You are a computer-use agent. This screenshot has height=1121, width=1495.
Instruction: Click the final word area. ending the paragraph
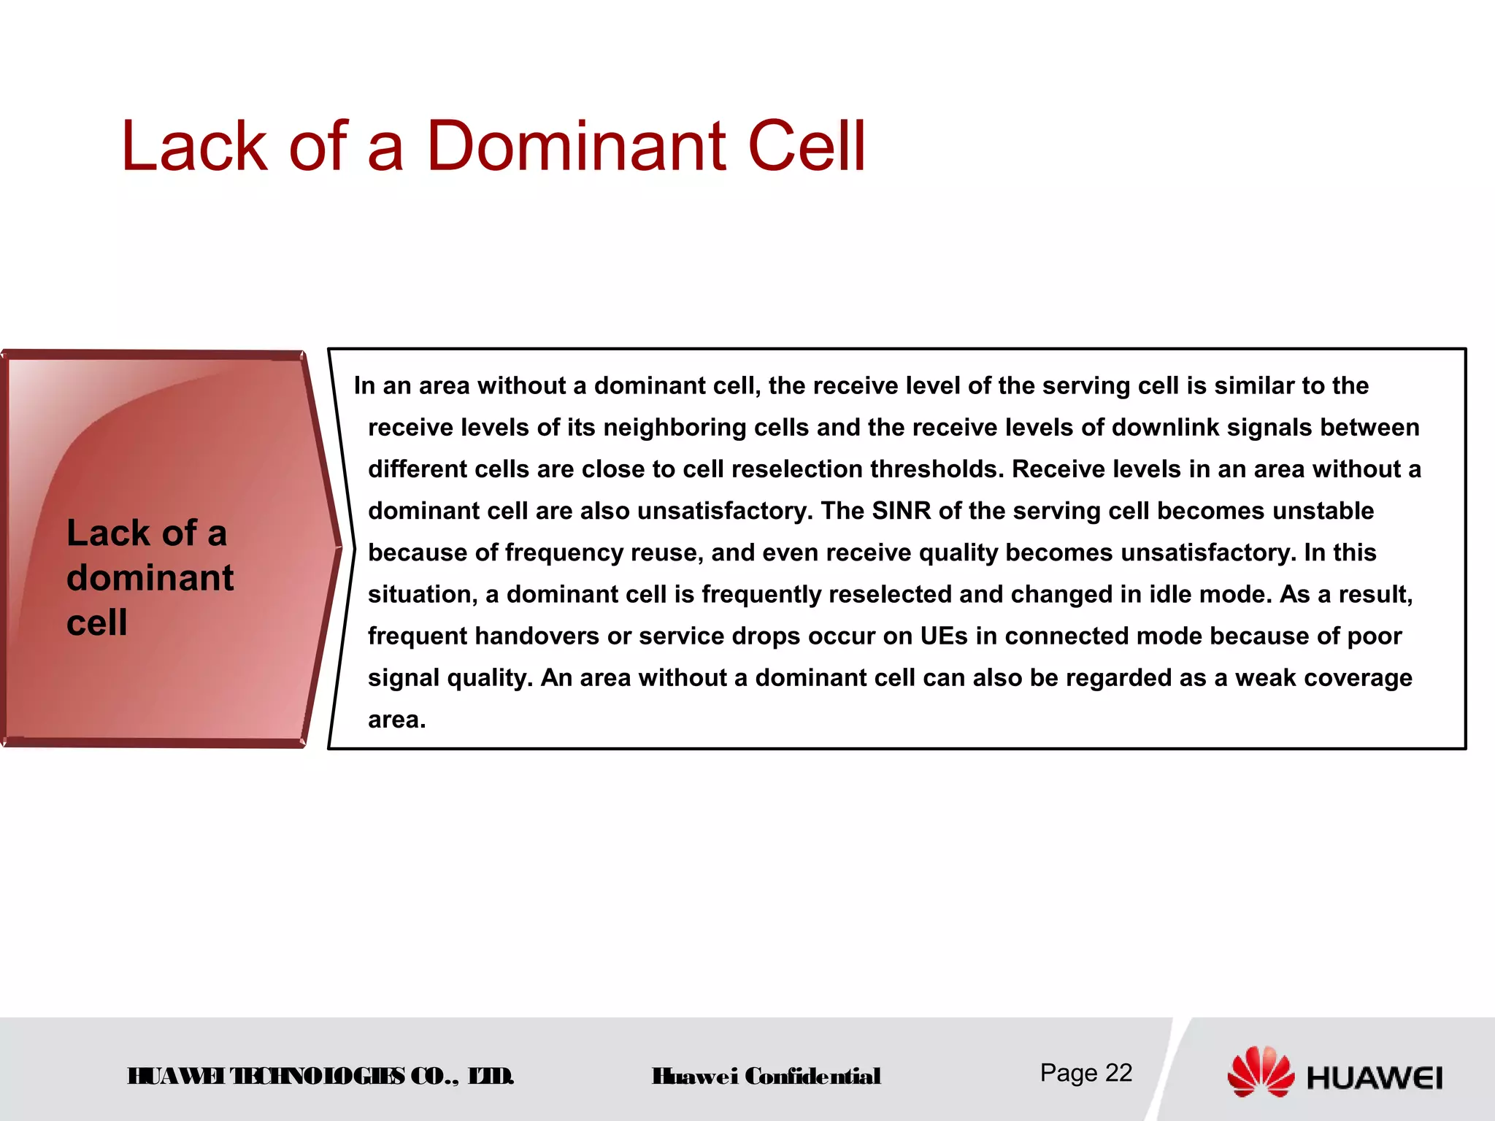pyautogui.click(x=396, y=720)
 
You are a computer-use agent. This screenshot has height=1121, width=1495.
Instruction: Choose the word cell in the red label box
pyautogui.click(x=96, y=623)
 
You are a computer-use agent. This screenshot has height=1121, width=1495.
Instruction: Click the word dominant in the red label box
pyautogui.click(x=150, y=578)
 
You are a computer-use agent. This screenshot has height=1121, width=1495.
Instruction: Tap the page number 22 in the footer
pyautogui.click(x=1118, y=1073)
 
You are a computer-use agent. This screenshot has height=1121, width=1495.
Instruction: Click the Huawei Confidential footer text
pyautogui.click(x=766, y=1076)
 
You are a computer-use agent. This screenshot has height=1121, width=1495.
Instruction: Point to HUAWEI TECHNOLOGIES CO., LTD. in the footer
pyautogui.click(x=320, y=1076)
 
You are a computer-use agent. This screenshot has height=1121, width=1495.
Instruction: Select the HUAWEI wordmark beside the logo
pyautogui.click(x=1375, y=1079)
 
